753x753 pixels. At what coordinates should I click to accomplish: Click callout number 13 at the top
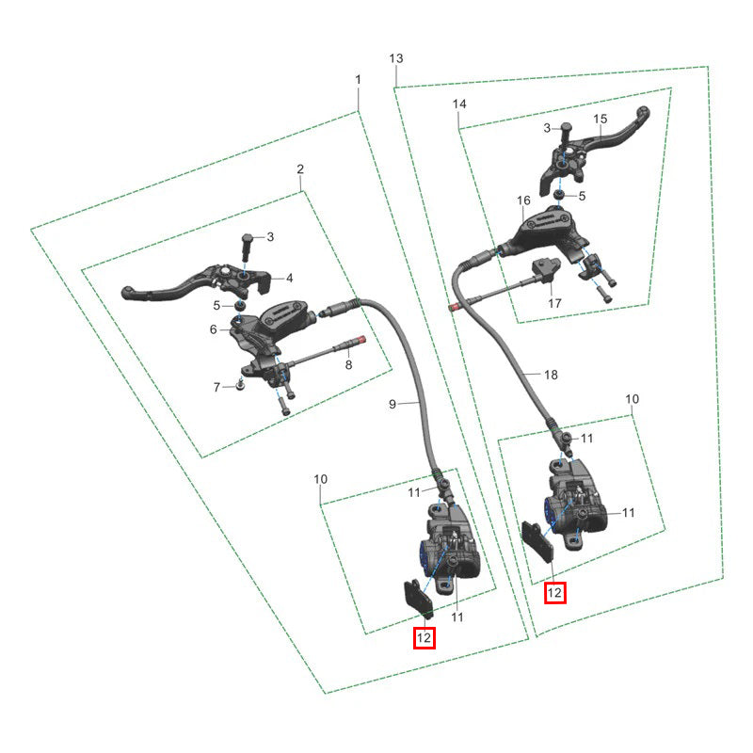click(396, 58)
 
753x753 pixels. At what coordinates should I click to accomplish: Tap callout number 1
click(358, 79)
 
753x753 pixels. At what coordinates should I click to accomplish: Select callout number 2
click(300, 169)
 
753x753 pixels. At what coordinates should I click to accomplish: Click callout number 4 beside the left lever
click(290, 278)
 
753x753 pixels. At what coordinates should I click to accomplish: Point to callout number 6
click(214, 329)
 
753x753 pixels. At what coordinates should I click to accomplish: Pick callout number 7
click(216, 387)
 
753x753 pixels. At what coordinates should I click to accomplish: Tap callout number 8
click(348, 365)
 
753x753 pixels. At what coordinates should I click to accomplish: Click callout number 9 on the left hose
click(393, 405)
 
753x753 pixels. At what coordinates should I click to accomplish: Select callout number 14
click(459, 104)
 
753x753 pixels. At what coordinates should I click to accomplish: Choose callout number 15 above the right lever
click(601, 119)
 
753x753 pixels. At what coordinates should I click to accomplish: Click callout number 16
click(523, 200)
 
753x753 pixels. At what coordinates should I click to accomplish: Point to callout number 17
click(554, 303)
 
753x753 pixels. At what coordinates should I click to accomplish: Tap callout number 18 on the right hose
click(551, 375)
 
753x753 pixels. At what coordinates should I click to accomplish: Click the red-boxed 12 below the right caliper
click(554, 593)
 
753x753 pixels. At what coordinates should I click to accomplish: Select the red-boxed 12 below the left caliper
click(425, 638)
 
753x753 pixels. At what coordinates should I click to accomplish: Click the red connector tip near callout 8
click(362, 340)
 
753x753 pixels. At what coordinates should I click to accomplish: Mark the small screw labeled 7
click(240, 384)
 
